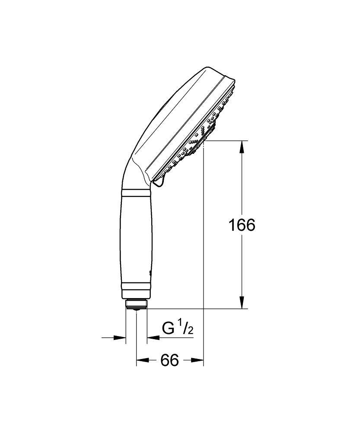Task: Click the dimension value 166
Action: (242, 225)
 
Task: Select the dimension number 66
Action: (169, 360)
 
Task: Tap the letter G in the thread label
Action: (168, 329)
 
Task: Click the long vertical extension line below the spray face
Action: (203, 259)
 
